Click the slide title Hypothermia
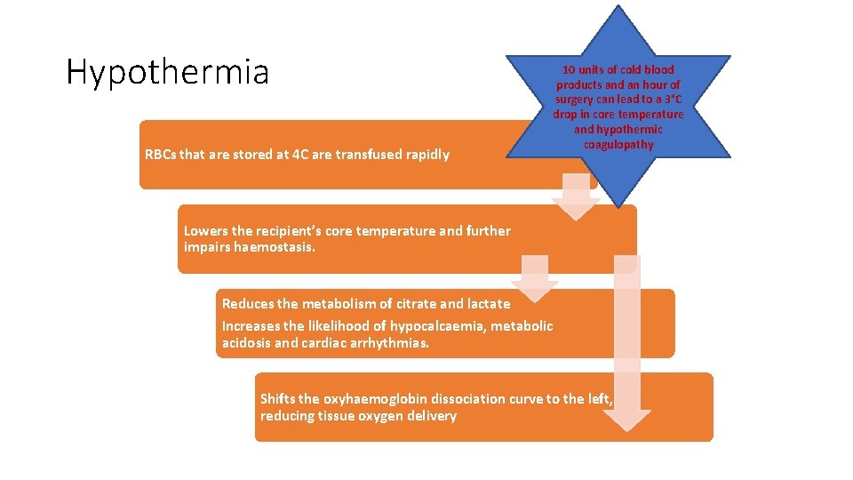[167, 72]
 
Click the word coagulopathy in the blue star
[618, 144]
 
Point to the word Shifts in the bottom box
[278, 399]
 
